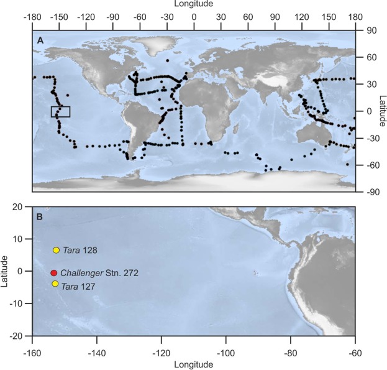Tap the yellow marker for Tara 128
coord(56,250)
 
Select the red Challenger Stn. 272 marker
coord(54,273)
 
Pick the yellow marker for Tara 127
coord(55,284)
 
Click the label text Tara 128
coord(80,250)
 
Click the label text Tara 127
coord(79,285)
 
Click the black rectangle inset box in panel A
coord(60,111)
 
